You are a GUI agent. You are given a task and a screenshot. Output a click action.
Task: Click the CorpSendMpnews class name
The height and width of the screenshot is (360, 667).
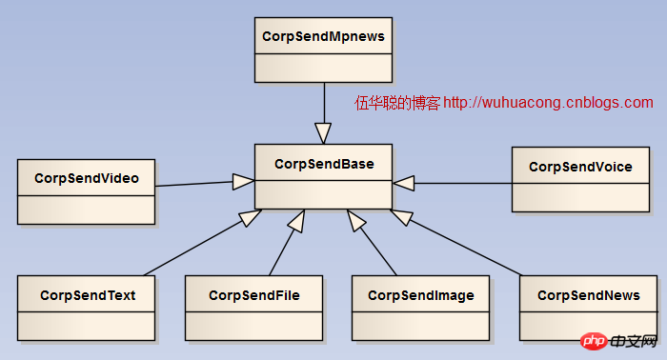pos(324,36)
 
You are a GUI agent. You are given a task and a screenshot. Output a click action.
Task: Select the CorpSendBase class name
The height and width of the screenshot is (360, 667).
pos(324,164)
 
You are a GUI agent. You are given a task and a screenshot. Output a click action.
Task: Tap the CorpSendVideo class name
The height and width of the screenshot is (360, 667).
pos(86,178)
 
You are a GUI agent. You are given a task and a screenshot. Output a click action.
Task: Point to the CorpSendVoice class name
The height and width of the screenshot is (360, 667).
pos(580,167)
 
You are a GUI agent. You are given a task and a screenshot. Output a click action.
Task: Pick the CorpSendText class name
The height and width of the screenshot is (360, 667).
pos(88,295)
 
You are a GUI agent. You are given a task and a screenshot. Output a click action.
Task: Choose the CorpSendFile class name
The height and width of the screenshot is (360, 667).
pos(254,295)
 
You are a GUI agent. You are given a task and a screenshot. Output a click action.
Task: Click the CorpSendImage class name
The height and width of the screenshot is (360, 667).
pos(420,295)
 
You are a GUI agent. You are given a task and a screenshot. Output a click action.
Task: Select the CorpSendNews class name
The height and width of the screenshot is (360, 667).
pos(588,295)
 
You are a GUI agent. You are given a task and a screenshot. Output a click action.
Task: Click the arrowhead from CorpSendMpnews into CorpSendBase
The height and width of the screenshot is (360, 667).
pos(324,131)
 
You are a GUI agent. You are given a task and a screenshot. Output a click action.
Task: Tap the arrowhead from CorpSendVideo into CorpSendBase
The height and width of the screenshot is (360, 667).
pos(243,179)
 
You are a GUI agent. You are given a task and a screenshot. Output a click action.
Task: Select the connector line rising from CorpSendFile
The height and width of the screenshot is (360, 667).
pos(282,250)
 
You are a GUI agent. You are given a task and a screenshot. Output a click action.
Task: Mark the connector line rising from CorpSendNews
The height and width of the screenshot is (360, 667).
pos(467,249)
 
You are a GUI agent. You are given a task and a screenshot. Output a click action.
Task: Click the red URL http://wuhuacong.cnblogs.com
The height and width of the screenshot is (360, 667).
pos(549,103)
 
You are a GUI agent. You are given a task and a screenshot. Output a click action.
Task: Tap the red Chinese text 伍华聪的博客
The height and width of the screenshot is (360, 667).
pos(397,103)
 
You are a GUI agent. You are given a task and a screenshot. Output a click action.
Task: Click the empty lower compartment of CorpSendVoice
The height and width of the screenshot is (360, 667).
pos(580,197)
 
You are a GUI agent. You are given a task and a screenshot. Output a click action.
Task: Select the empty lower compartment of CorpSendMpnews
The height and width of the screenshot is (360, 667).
pos(324,67)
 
